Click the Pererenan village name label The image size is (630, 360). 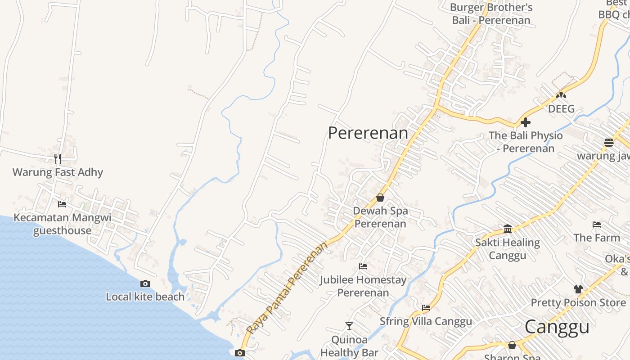[x=368, y=133]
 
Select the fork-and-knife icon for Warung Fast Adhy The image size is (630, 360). [x=58, y=158]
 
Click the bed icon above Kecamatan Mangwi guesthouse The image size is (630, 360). [x=62, y=204]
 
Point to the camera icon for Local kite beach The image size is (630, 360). [x=145, y=283]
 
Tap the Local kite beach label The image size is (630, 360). [x=145, y=297]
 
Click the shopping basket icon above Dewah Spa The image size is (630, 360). [x=380, y=198]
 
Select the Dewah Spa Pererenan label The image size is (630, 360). [x=380, y=217]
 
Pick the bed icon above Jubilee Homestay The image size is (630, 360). [x=363, y=266]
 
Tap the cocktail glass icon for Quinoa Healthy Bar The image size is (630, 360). [x=349, y=326]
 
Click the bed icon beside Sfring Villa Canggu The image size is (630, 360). [x=426, y=308]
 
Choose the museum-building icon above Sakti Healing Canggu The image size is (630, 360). [x=508, y=229]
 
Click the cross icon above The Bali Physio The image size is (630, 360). [x=525, y=122]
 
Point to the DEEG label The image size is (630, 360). [x=561, y=109]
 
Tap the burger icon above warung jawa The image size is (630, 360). [x=608, y=143]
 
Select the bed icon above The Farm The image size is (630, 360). [x=596, y=224]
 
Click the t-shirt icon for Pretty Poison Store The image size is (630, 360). [x=578, y=289]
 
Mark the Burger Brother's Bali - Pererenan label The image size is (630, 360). [x=491, y=13]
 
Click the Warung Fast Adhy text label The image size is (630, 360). [x=58, y=172]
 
